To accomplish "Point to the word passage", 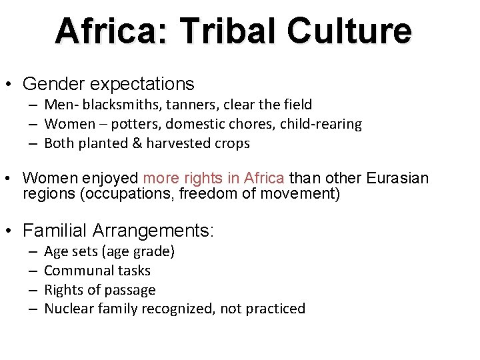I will point(130,289).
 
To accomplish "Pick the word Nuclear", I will point(69,308).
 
